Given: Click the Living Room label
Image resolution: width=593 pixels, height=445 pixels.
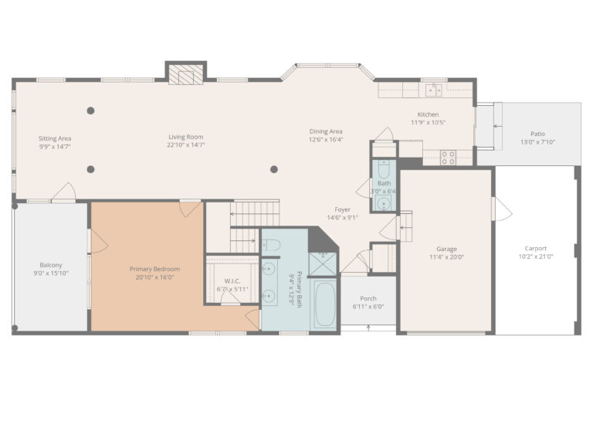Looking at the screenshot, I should point(186,138).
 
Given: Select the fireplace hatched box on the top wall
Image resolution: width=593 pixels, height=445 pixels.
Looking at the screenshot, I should point(186,74).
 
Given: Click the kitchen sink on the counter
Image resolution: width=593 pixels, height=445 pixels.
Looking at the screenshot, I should point(433,90).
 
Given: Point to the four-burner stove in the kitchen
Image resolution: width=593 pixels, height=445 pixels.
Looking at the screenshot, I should point(448,157).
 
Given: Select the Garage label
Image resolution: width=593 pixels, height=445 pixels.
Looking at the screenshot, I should point(446,249).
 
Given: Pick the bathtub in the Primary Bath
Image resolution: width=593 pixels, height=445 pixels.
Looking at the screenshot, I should point(324,304).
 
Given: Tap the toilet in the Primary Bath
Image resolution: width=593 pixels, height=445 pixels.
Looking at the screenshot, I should point(270,245).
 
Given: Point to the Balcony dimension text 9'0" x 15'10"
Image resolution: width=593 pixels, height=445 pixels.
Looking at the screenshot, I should point(49,273).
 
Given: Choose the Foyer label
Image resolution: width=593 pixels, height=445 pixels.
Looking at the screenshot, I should point(342,209).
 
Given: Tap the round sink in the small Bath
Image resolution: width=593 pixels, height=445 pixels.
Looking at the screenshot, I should point(383,203).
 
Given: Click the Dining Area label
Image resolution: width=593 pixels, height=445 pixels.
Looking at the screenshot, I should point(326,131).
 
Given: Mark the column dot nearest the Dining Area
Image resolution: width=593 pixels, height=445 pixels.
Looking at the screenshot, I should point(274,169).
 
